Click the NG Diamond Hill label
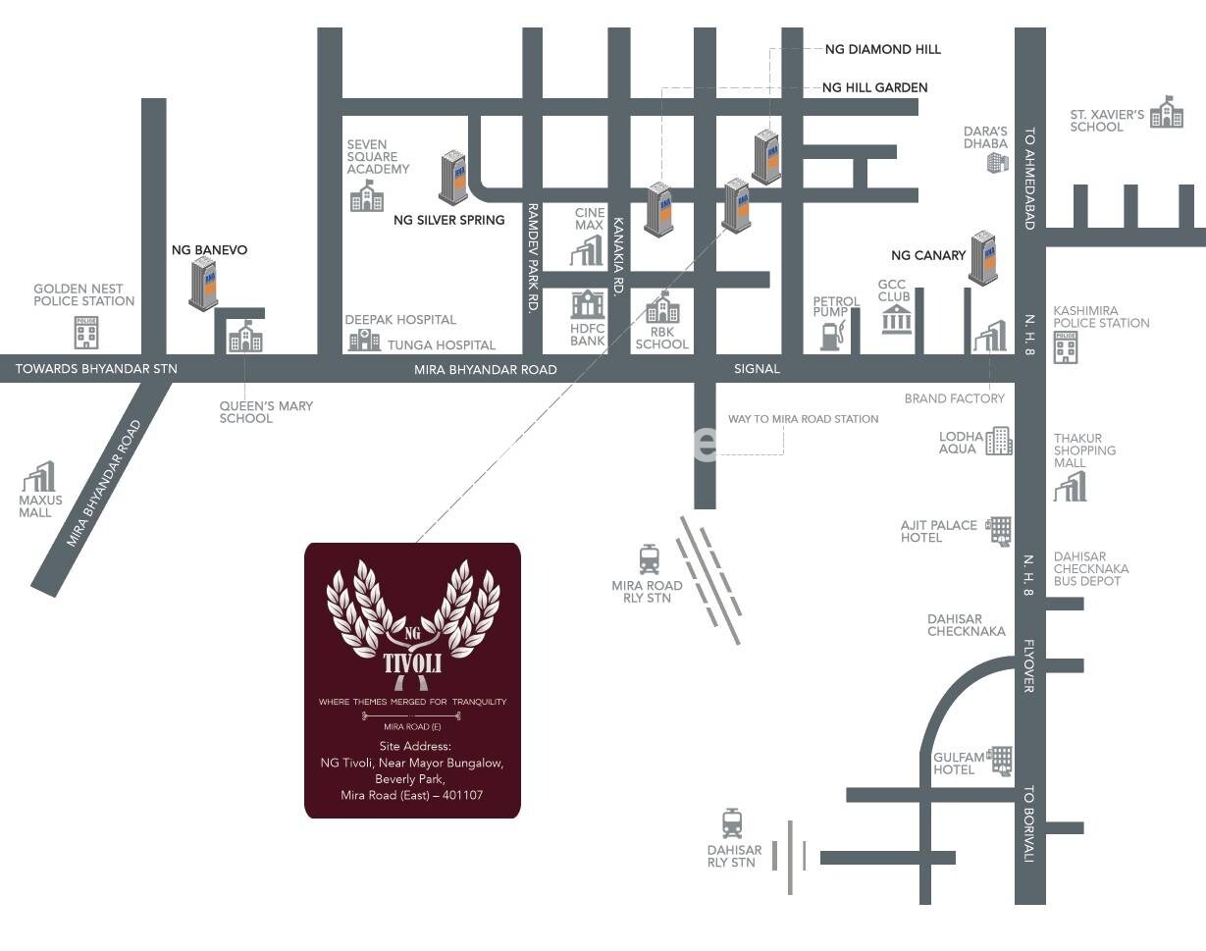point(882,49)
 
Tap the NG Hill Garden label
point(874,87)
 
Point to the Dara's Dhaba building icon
point(997,162)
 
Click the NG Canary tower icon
point(983,257)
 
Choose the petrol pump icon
point(832,336)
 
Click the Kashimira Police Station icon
point(1066,347)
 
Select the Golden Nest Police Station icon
point(86,333)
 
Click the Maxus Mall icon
point(39,477)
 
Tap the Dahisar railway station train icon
point(732,823)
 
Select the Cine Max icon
point(587,250)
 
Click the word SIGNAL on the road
point(757,369)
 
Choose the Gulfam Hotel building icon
point(1000,761)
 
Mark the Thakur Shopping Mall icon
point(1071,486)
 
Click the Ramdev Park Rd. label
point(533,258)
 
